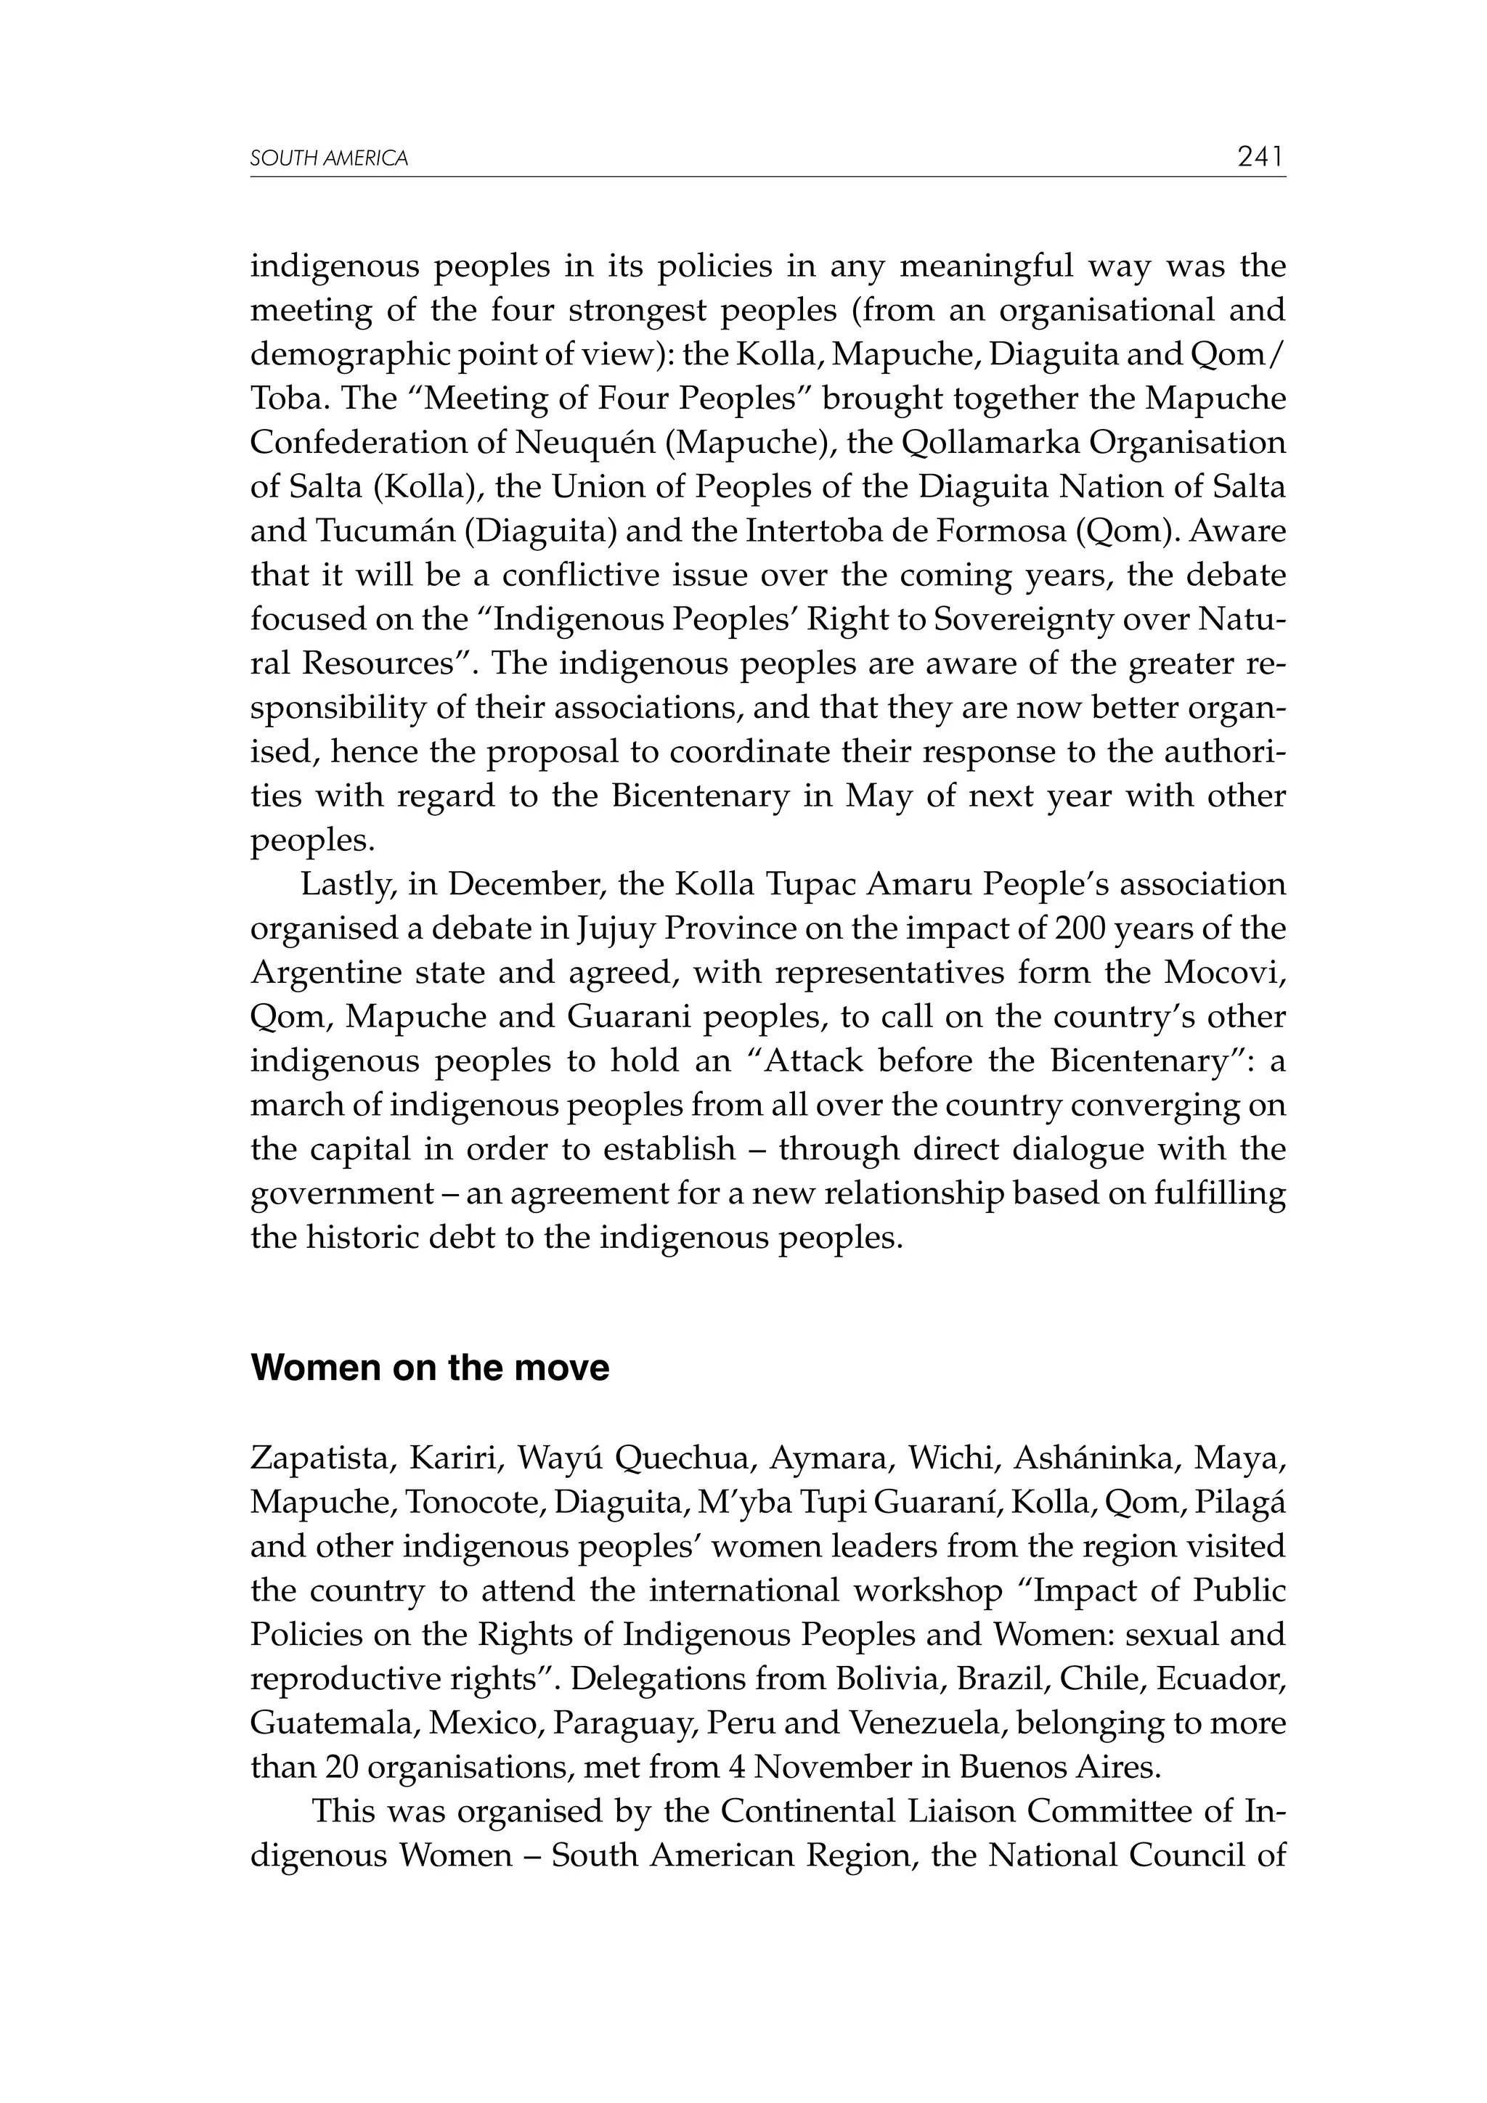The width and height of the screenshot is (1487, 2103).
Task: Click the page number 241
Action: coord(1260,157)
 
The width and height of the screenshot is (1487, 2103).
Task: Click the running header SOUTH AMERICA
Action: coord(329,158)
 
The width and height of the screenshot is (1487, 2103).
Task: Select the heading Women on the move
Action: coord(430,1368)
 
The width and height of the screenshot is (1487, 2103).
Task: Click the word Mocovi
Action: coord(1224,972)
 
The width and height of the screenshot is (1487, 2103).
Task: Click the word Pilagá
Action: coord(1250,1501)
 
